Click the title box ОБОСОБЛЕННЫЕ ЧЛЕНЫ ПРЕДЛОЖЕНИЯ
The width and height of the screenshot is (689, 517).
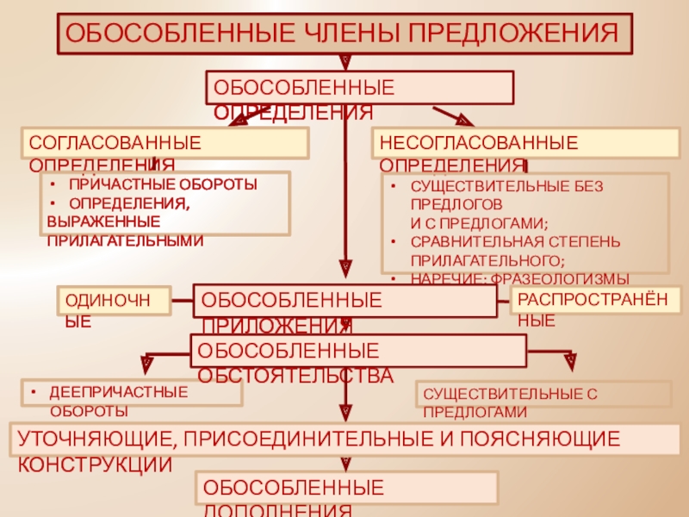pos(344,34)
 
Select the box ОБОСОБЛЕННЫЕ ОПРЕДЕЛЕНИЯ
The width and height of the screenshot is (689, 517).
pos(359,88)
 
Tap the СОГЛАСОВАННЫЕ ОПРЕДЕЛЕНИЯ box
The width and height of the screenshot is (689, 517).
pos(164,143)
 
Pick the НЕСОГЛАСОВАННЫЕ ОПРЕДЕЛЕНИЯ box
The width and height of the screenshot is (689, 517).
pos(525,143)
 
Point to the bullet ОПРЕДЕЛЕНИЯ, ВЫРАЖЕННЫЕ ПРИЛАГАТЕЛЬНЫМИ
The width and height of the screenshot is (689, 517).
pos(129,221)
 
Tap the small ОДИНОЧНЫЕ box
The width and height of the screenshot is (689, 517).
pos(114,300)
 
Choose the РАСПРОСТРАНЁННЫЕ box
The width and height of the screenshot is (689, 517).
pos(596,301)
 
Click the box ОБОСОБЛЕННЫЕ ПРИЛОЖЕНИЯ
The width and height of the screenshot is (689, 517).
pos(344,301)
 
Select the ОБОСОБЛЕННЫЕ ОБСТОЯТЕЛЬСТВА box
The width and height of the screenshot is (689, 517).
pos(357,351)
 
